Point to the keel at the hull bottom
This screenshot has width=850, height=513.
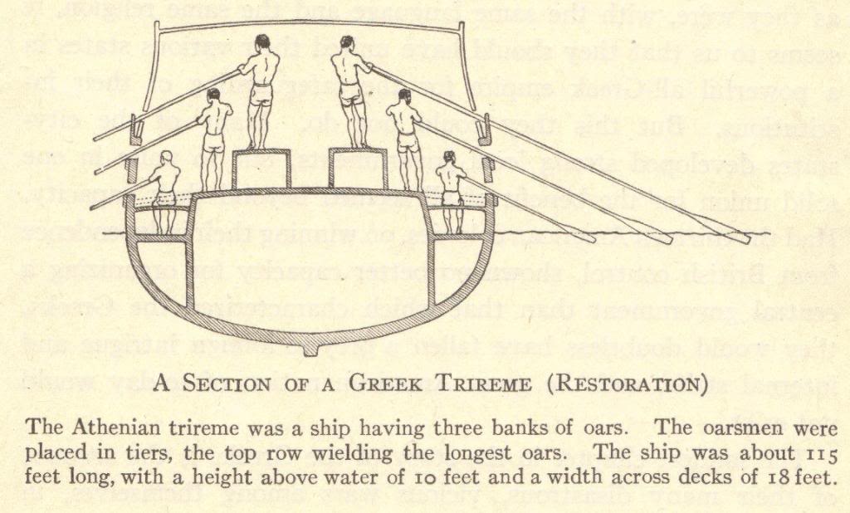(310, 348)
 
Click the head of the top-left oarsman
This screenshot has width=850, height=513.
(262, 42)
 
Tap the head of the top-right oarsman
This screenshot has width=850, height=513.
(347, 42)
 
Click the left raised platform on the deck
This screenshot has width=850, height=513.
(261, 170)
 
